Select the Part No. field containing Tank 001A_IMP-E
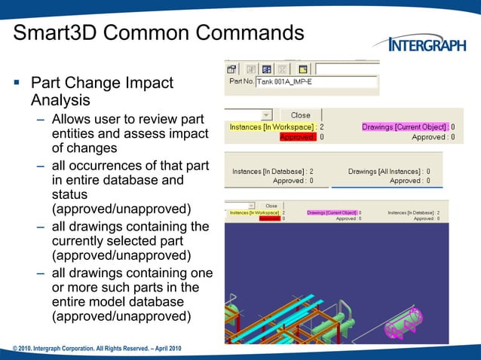pyautogui.click(x=316, y=81)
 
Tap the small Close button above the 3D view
pyautogui.click(x=271, y=206)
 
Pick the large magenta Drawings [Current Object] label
pyautogui.click(x=405, y=127)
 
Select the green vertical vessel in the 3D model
pyautogui.click(x=344, y=310)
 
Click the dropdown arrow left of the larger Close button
pyautogui.click(x=266, y=115)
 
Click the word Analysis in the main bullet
pyautogui.click(x=60, y=100)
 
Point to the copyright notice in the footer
pyautogui.click(x=97, y=348)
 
